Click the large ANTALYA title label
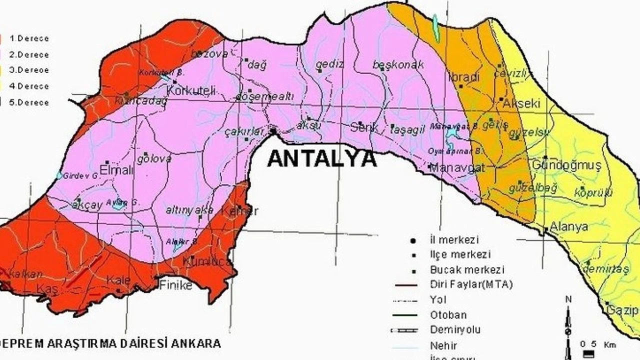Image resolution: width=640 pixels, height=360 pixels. [x=322, y=158]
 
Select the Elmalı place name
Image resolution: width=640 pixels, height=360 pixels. [x=117, y=170]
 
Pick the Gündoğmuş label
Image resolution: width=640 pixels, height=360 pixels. [x=566, y=165]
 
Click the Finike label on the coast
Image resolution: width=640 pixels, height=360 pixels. [x=175, y=285]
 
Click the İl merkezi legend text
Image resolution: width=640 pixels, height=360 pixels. [x=454, y=240]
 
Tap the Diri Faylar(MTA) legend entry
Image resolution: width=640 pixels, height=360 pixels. [x=471, y=284]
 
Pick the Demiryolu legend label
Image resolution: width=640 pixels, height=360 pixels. [x=455, y=329]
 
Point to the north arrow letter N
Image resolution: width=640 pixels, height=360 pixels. [x=568, y=299]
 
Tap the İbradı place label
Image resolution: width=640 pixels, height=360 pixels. [x=464, y=77]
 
